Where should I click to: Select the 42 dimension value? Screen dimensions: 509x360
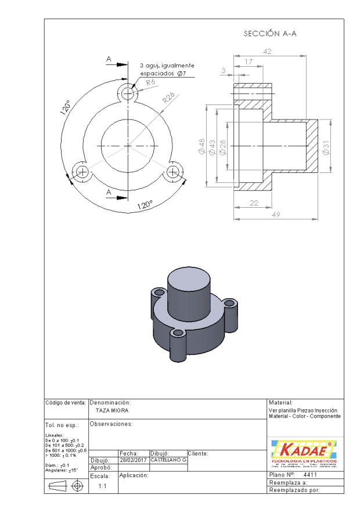click(x=268, y=51)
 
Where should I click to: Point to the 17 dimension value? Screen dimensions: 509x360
click(x=249, y=61)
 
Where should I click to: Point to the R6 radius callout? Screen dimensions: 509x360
click(x=151, y=84)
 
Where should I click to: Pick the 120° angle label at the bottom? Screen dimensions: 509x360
click(x=145, y=205)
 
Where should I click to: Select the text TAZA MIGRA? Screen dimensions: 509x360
click(x=112, y=410)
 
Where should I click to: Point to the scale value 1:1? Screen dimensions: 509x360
click(x=102, y=486)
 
